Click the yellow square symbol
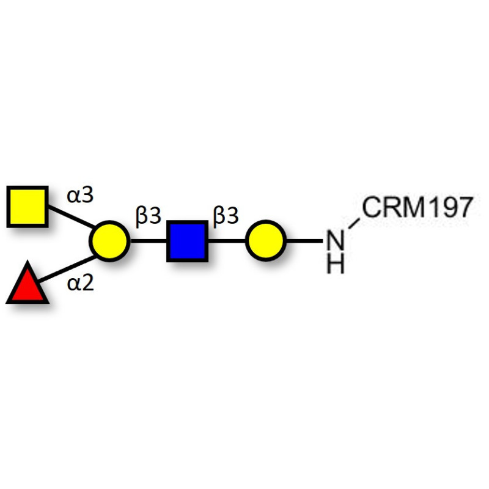coord(28,207)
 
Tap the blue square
coord(188,241)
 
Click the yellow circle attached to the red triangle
coord(109,241)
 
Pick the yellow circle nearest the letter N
coord(266,241)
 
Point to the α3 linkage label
coord(80,195)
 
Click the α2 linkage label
coord(81,284)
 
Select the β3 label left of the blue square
coord(149,216)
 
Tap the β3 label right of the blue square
coord(226,215)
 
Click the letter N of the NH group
coord(335,240)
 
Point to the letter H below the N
coord(335,264)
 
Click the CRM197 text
coord(417,207)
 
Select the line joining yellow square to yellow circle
coord(72,216)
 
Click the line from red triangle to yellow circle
coord(67,269)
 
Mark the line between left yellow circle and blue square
coord(149,241)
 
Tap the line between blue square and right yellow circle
coord(227,241)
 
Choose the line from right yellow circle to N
coord(304,241)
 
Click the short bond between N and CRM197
coord(354,224)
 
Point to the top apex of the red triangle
coord(28,261)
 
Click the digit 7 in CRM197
coord(465,207)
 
